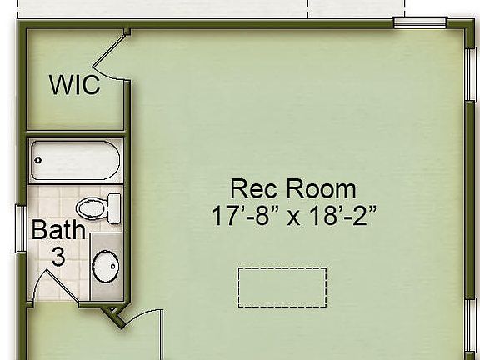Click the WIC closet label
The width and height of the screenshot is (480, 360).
[74, 84]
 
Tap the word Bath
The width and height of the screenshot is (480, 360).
[58, 229]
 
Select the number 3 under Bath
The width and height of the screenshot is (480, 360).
[58, 256]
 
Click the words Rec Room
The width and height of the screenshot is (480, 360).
[292, 188]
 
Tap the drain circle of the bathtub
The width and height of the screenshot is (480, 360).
[38, 160]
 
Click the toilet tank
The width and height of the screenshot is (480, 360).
[113, 206]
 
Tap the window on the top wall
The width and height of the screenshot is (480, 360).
[420, 23]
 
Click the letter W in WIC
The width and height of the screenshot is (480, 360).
[61, 84]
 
